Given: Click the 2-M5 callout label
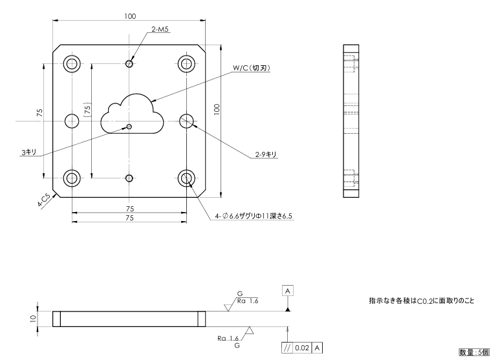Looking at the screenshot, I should tap(160, 30).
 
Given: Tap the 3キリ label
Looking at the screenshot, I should tap(28, 152).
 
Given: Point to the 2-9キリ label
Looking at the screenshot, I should tap(266, 154).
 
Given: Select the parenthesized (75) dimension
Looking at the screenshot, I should tap(87, 111).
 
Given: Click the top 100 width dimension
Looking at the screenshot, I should tap(131, 16).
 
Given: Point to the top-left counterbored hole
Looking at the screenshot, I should tap(71, 63).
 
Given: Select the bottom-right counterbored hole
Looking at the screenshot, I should tap(188, 178).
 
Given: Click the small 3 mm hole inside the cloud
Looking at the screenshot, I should tap(130, 127).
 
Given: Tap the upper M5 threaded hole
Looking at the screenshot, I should tap(130, 64).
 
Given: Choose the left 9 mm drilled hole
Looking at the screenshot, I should tap(71, 121).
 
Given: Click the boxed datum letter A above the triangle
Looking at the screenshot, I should tap(288, 291).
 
